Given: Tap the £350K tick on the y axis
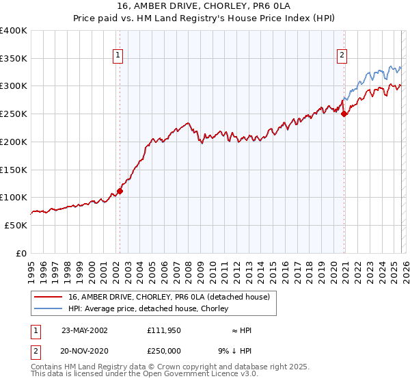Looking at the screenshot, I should click(x=14, y=58).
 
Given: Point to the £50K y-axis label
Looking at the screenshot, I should click(x=16, y=225).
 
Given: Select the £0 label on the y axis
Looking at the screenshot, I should click(x=22, y=253).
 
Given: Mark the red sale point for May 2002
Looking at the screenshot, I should click(x=120, y=191).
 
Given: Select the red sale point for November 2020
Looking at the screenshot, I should click(x=344, y=114).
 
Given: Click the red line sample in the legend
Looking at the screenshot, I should click(x=49, y=297).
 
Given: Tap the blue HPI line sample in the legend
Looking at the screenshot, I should click(x=49, y=308).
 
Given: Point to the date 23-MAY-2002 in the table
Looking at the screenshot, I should click(x=85, y=330).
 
